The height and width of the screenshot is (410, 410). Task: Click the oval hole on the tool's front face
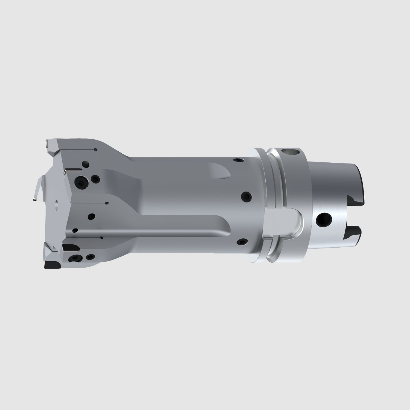[x=56, y=204]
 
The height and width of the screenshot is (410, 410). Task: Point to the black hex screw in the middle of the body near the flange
[x=245, y=196]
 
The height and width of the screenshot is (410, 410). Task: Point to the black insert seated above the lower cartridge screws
[x=71, y=248]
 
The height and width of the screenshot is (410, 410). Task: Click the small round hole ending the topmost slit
[x=95, y=150]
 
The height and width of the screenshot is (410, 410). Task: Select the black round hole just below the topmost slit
[x=85, y=164]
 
